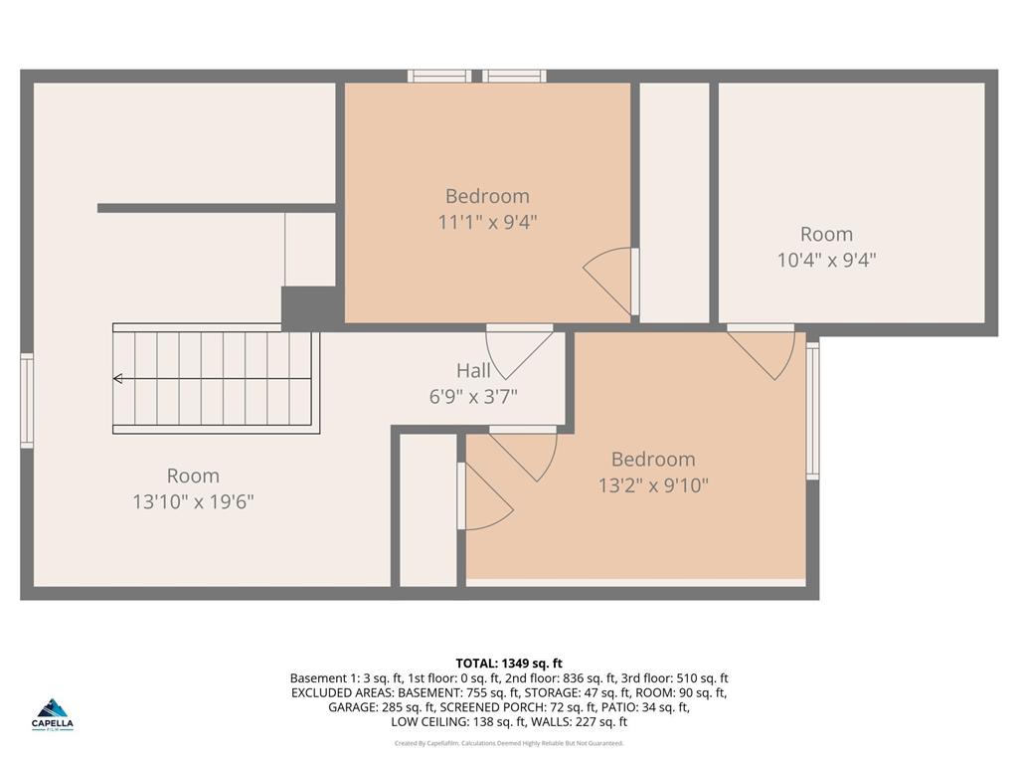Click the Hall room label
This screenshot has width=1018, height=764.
pos(473,371)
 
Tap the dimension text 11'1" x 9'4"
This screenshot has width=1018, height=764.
pos(487,222)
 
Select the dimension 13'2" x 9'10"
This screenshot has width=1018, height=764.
pos(653,485)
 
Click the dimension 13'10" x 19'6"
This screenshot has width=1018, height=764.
pos(193,501)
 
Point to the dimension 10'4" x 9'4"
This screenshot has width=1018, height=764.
pos(826,261)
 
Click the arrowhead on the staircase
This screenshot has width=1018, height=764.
pos(118,378)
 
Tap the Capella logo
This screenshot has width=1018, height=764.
pos(54,713)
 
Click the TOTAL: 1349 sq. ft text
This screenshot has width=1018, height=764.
pos(509,663)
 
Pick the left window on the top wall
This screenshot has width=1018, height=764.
pos(439,76)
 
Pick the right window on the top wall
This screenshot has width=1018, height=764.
pos(515,76)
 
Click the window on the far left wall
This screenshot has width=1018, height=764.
pos(27,401)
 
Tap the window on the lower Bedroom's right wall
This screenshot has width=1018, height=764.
pos(812,410)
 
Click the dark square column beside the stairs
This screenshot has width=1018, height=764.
pos(309,307)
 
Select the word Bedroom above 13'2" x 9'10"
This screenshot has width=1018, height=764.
pos(653,460)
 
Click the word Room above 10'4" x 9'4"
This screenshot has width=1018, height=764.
pos(826,235)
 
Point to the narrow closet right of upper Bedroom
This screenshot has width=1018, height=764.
pos(674,203)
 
